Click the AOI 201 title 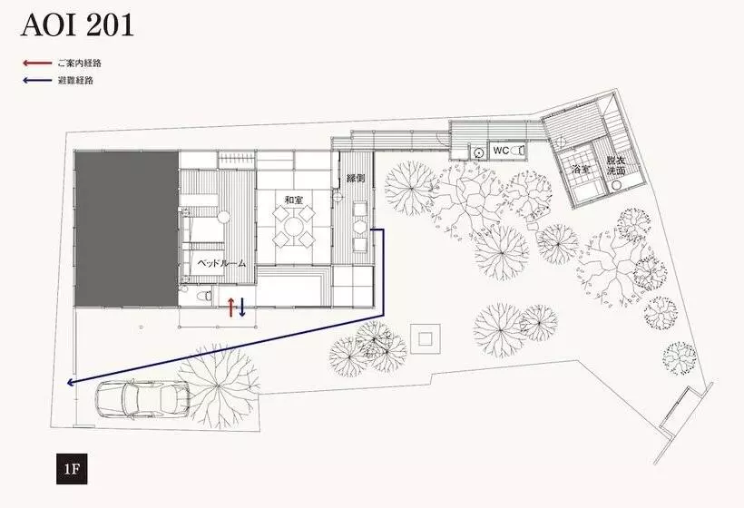77,25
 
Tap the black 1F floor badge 72,469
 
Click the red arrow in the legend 37,63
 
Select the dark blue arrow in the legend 37,80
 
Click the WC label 501,151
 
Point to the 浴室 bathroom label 582,169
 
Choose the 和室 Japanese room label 293,200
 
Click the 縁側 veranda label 356,179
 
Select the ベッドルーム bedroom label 221,263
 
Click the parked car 143,399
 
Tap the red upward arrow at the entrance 231,308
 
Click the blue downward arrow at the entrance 242,308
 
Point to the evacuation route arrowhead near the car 70,382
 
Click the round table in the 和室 294,227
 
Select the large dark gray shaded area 126,230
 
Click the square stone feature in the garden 426,338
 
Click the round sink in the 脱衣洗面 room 616,186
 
